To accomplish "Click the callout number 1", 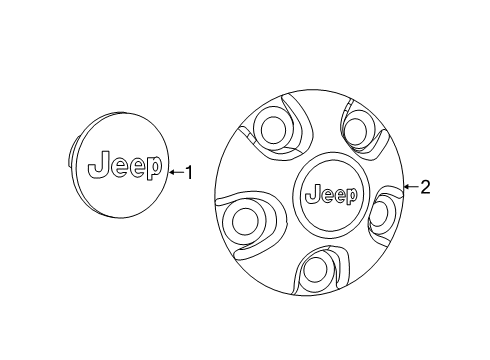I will click(188, 172).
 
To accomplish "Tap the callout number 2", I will click(425, 186).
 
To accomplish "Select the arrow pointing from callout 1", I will click(175, 172).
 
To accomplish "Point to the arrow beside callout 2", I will click(409, 186).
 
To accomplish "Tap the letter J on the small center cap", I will click(99, 165).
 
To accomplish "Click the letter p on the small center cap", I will click(151, 171).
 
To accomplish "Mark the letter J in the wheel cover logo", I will click(308, 192).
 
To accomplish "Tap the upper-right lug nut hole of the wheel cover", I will click(359, 126).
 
